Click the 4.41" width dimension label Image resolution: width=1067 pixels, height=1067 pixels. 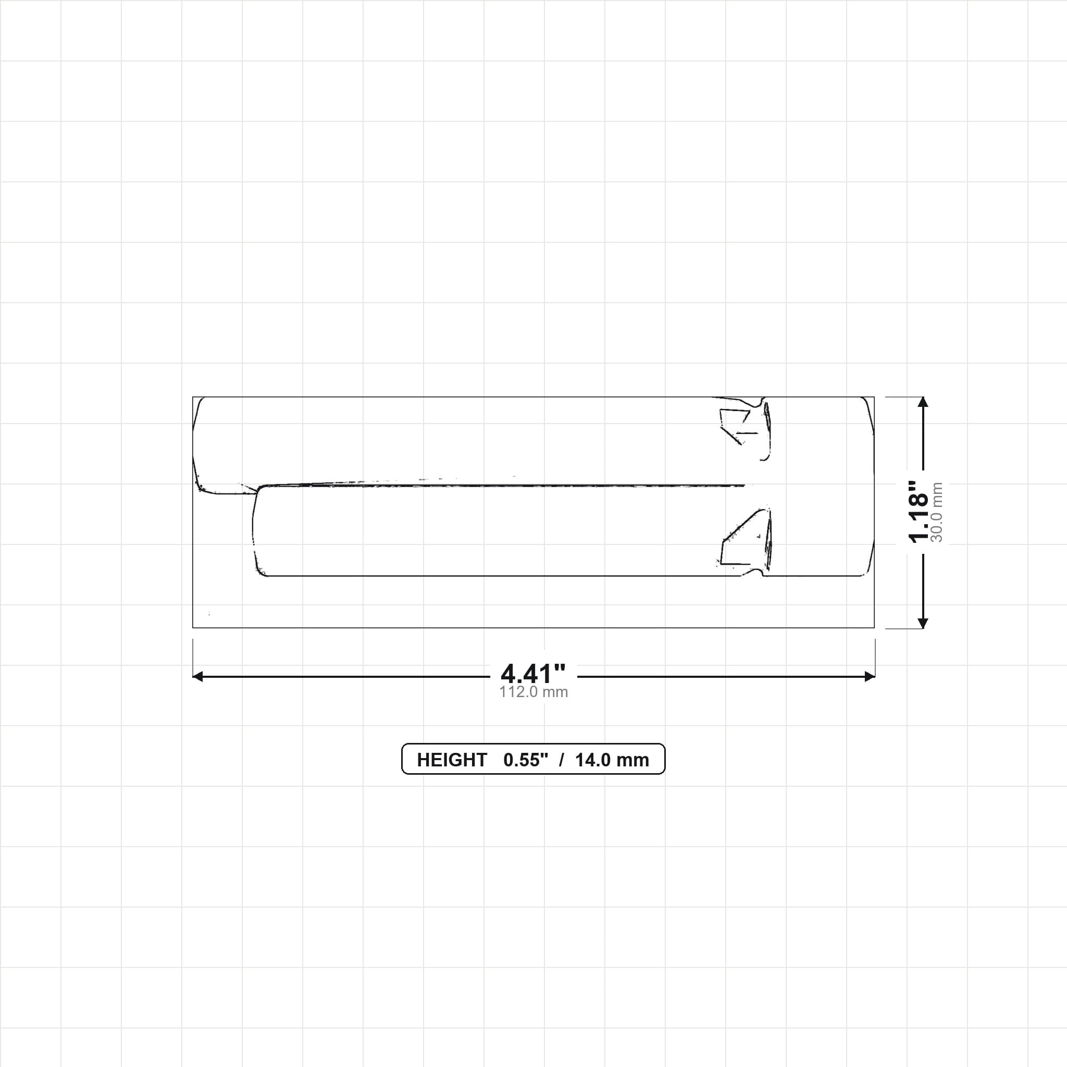(533, 673)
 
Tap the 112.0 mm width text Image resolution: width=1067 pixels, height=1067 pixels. (533, 692)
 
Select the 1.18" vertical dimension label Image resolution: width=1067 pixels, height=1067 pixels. (919, 512)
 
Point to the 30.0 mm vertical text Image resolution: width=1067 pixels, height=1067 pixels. (937, 512)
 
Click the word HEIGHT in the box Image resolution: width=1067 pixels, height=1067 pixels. (452, 760)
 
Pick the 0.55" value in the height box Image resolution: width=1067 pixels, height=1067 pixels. (525, 760)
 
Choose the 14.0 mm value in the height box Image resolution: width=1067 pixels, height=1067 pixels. (612, 760)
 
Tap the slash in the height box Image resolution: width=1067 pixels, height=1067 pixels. (561, 760)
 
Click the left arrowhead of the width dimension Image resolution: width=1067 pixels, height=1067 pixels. (197, 677)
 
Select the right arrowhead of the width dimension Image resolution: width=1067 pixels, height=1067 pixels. (870, 677)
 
